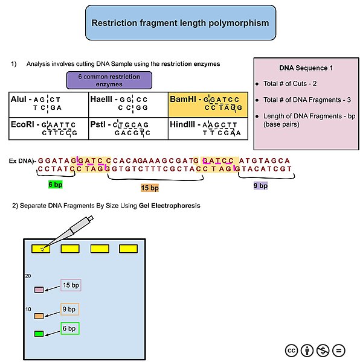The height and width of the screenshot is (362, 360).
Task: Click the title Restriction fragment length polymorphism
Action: point(180,24)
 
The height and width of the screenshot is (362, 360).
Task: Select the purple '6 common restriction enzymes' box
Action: point(109,80)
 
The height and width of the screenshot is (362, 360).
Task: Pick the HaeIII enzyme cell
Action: point(128,103)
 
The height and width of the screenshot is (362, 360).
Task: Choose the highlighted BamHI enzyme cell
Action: point(207,103)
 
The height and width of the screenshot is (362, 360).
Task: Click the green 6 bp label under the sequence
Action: point(56,184)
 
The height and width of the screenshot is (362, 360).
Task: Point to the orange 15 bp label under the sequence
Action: point(149,188)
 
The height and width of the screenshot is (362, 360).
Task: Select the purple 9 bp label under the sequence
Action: point(260,186)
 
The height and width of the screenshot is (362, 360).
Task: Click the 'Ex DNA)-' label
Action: point(22,162)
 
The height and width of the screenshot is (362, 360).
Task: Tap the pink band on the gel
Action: point(39,290)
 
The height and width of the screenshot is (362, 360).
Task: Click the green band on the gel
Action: point(39,334)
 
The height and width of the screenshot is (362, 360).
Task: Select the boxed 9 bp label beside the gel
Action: point(69,310)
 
